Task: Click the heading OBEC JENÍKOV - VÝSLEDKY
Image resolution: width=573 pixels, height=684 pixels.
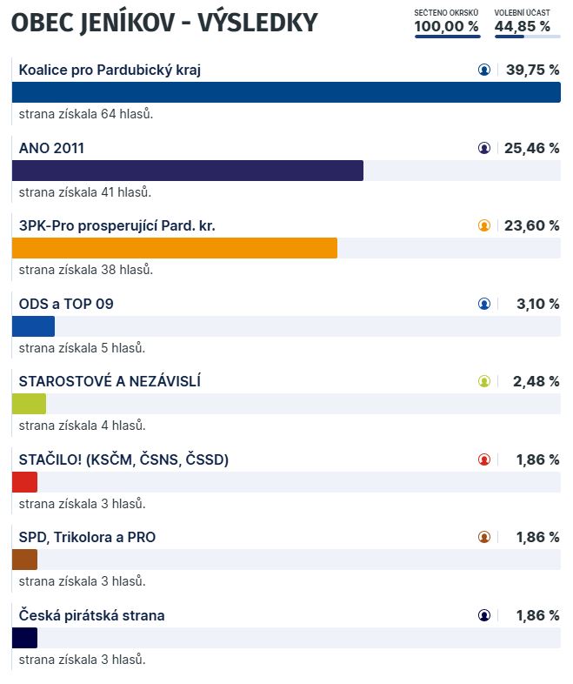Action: (x=164, y=23)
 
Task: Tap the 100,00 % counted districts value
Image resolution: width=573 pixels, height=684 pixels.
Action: (x=446, y=26)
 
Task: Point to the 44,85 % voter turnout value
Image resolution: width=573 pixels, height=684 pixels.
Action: (x=522, y=26)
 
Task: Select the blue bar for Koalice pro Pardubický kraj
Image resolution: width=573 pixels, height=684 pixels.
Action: (x=286, y=92)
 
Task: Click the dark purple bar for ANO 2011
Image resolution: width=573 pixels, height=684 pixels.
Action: (x=187, y=171)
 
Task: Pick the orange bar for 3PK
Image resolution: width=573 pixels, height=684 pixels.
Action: (x=174, y=248)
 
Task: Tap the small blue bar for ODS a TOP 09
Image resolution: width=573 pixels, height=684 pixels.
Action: (x=33, y=326)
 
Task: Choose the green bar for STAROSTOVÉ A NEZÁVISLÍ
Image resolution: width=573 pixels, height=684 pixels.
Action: (x=29, y=404)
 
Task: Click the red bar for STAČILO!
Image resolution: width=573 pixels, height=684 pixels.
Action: (x=24, y=482)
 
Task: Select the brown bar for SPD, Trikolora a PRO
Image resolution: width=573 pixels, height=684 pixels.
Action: (x=24, y=560)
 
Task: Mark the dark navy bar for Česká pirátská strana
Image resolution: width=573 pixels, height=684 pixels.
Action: (x=24, y=638)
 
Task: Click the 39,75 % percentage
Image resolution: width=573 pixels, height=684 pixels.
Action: (x=531, y=70)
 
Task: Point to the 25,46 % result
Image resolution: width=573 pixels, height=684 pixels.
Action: (x=531, y=148)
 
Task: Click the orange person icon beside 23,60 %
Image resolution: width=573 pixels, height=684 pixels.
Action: (x=484, y=226)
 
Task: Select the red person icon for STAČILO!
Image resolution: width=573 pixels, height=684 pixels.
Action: (x=484, y=459)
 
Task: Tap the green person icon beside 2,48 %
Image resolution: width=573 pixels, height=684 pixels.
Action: (x=484, y=381)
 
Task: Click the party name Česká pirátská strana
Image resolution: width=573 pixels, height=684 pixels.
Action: (x=91, y=615)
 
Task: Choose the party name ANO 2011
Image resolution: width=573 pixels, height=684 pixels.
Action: (x=51, y=148)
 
